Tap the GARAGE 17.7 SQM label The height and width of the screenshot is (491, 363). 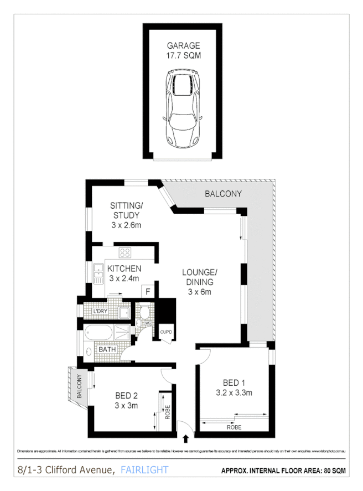tap(183, 50)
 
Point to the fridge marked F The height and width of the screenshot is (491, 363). tap(148, 290)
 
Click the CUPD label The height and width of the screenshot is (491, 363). tap(166, 332)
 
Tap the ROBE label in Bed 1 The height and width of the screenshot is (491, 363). tap(234, 427)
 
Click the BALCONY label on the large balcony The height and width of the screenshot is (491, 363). tap(223, 194)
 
